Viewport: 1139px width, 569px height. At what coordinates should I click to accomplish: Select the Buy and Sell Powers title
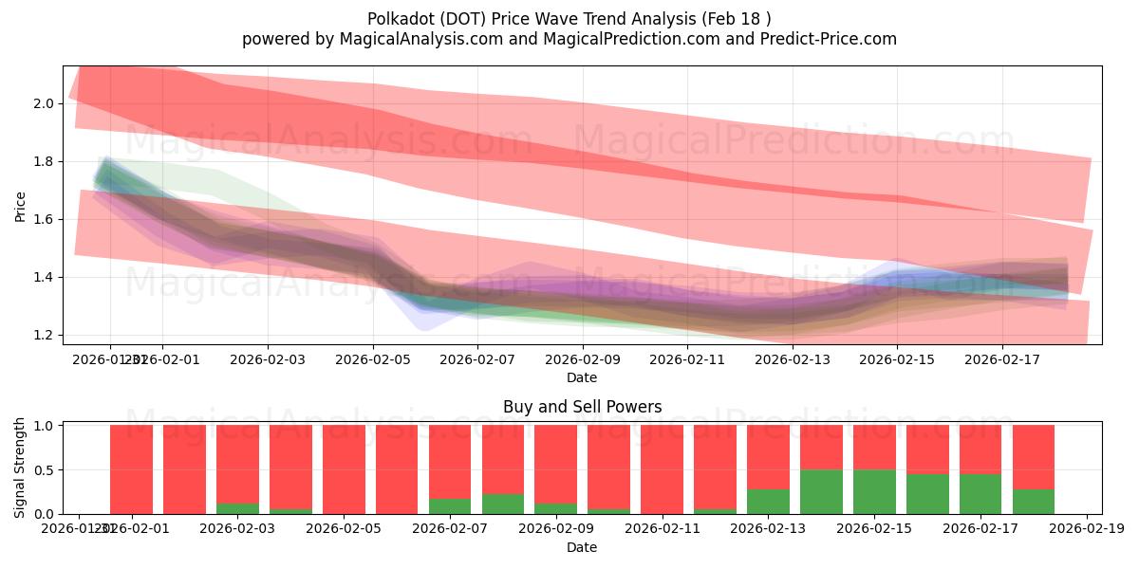(582, 407)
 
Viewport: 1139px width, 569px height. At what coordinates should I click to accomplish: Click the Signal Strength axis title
(21, 468)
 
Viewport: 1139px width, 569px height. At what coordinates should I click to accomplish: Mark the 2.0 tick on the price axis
(44, 103)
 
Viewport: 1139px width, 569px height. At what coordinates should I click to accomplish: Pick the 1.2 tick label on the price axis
(44, 336)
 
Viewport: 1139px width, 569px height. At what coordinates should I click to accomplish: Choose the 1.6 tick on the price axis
(44, 220)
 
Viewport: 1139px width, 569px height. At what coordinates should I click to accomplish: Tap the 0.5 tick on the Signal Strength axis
(44, 470)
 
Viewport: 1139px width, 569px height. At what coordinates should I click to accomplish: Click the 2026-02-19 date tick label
(1086, 528)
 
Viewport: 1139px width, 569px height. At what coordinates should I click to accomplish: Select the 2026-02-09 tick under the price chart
(583, 359)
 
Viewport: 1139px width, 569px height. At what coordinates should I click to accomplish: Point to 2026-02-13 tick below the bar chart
(768, 528)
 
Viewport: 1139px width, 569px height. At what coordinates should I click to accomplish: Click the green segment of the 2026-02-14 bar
(821, 491)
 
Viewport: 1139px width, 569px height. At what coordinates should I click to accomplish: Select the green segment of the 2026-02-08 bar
(503, 504)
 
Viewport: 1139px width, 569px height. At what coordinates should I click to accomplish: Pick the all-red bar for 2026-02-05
(344, 469)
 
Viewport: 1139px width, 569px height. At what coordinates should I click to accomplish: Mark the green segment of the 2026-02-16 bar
(927, 494)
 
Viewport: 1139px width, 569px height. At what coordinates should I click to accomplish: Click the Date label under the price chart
(582, 377)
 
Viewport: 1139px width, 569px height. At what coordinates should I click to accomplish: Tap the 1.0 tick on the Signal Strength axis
(44, 426)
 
